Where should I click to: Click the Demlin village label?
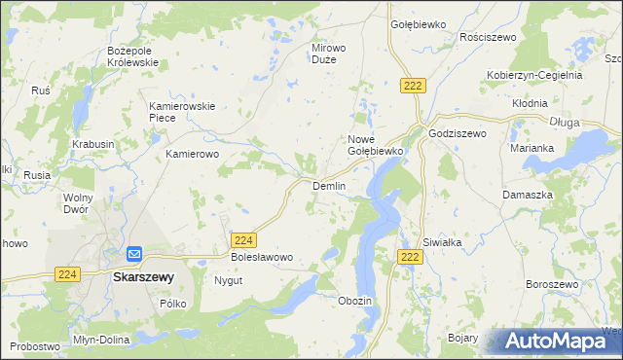coord(328,186)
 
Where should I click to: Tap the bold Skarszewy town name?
coord(143,276)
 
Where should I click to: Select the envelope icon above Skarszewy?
coord(133,255)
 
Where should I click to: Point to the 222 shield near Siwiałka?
coord(410,255)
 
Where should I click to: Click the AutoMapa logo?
coord(557,341)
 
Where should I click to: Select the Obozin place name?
coord(354,301)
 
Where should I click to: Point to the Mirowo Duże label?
coord(328,53)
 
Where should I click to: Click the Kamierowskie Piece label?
coord(174,112)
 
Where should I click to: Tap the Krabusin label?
coord(93,144)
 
